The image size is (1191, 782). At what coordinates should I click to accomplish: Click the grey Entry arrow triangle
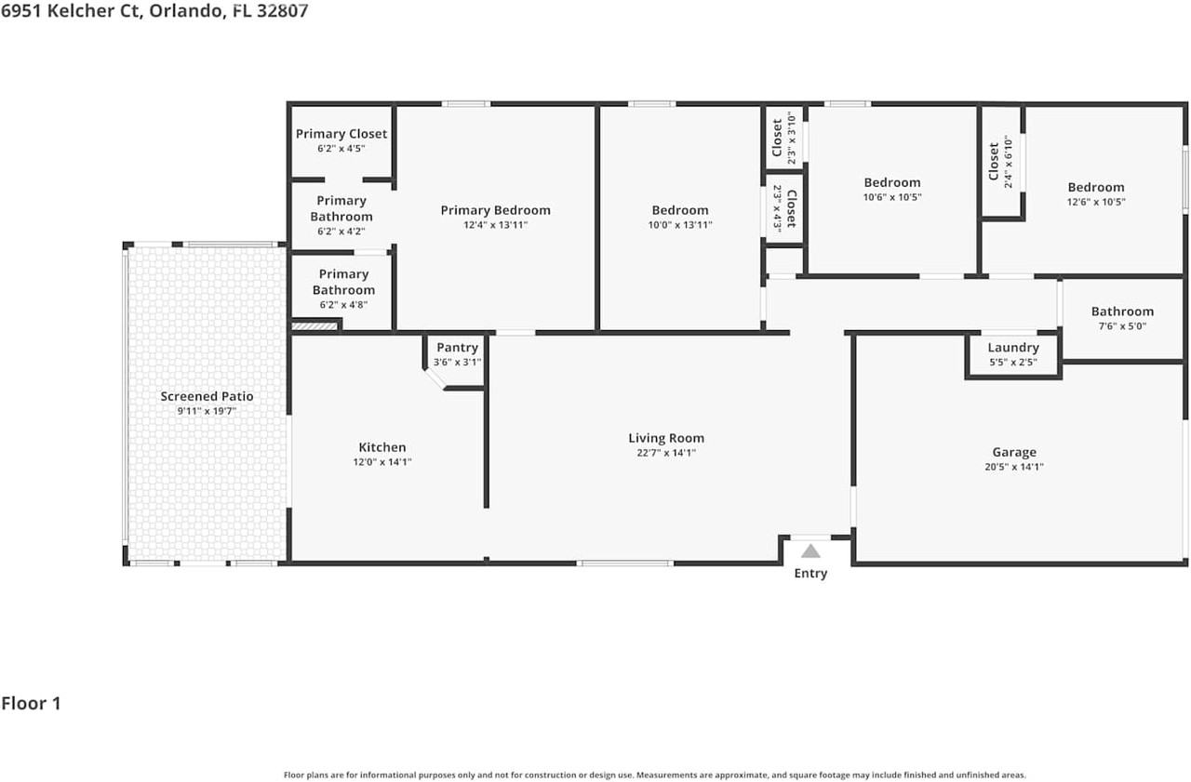tap(810, 551)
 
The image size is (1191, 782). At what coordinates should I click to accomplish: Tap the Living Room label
tap(666, 438)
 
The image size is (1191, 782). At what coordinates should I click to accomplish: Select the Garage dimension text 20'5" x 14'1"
tap(1014, 467)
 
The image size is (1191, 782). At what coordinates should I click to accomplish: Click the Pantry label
tap(457, 348)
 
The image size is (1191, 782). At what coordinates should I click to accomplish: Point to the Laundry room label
tap(1013, 348)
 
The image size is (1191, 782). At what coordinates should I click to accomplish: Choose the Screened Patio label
tap(207, 396)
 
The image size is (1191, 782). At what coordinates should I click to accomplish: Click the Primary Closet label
tap(341, 134)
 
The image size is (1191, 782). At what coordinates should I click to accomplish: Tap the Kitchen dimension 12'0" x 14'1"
tap(382, 462)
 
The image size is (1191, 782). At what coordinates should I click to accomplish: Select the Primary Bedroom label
tap(496, 210)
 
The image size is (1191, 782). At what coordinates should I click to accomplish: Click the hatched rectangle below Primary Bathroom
tap(314, 325)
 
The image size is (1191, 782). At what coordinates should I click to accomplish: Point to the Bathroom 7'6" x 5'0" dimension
tap(1122, 326)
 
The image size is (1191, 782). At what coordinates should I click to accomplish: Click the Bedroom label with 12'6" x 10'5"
tap(1096, 188)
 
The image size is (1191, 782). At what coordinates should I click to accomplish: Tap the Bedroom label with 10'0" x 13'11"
tap(680, 210)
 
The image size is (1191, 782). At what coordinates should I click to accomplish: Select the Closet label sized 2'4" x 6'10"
tap(994, 162)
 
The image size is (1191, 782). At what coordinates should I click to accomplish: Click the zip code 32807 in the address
tap(282, 10)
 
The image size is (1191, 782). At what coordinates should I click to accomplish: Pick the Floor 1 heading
tap(31, 703)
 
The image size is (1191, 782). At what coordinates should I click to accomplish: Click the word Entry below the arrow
tap(810, 573)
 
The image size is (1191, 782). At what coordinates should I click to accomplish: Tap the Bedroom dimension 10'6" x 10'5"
tap(892, 197)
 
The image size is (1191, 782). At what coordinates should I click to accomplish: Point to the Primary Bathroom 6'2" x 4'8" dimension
tap(343, 305)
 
